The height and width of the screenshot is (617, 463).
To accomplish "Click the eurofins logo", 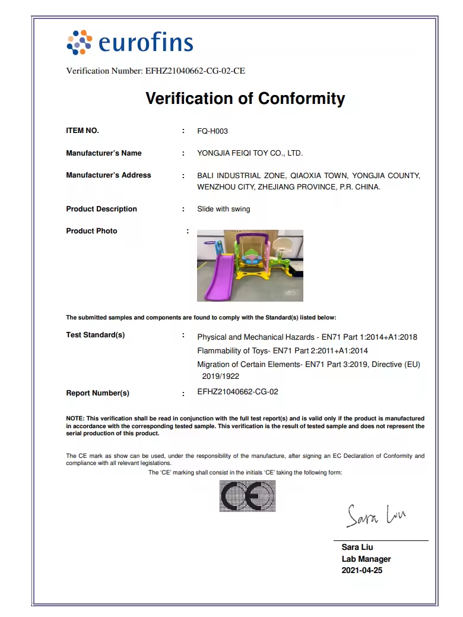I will coord(130,42).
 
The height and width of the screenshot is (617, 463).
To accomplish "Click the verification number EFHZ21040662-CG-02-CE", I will coord(195,71).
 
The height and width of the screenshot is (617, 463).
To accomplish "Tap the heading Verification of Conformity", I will coord(245,98).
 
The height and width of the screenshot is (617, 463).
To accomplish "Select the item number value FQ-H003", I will coord(213,131).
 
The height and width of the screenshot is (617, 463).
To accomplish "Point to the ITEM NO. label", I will coord(83,131).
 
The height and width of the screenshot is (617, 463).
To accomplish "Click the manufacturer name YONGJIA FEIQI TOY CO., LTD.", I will coord(250,153).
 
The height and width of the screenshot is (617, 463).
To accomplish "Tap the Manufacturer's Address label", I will coord(109,175).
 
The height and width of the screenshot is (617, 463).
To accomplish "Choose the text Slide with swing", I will coord(224,209).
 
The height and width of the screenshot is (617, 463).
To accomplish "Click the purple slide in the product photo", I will coord(216,276).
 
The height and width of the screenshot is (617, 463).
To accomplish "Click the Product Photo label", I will coord(91,231).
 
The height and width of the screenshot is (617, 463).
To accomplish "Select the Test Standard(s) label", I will coord(96,335).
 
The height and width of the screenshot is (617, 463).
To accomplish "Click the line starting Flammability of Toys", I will coord(283,351).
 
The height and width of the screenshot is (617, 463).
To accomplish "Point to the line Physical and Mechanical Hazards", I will coord(307,337).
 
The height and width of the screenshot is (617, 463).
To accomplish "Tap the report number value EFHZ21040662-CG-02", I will coord(237,392).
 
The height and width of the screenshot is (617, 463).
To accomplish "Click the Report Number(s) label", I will coord(97,393).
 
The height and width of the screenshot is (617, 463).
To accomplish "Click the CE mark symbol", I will coord(248,496).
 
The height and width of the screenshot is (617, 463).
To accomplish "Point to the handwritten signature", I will coord(376,514).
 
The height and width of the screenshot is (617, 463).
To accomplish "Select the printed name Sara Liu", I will coord(357,547).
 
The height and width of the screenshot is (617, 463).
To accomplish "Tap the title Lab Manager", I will coord(366,559).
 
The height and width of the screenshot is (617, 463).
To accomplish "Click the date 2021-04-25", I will coord(362,571).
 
